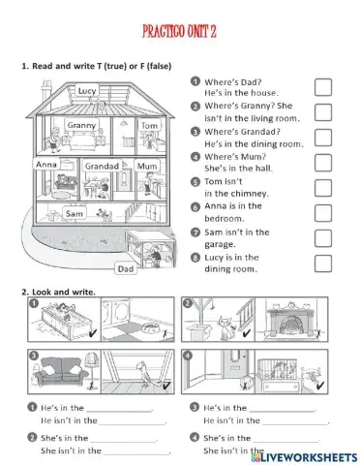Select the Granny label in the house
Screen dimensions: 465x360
pyautogui.click(x=79, y=125)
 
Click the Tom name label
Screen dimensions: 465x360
pyautogui.click(x=148, y=126)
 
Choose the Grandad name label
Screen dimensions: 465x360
pyautogui.click(x=102, y=167)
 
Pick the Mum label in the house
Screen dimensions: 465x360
pyautogui.click(x=146, y=167)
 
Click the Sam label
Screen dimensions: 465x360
pyautogui.click(x=74, y=212)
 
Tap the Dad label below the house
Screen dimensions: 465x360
pyautogui.click(x=125, y=269)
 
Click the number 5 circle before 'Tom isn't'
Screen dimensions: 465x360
pyautogui.click(x=195, y=181)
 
